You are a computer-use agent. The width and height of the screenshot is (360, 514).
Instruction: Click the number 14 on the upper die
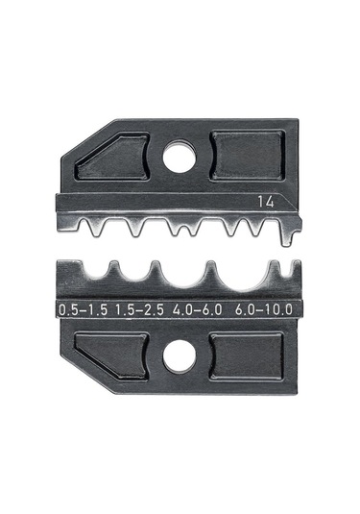(x=266, y=202)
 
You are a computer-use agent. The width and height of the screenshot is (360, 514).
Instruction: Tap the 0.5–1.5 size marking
(x=83, y=309)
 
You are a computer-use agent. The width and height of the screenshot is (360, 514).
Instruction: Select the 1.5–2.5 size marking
(x=139, y=309)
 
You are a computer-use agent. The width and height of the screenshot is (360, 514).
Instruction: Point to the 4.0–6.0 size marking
(x=197, y=309)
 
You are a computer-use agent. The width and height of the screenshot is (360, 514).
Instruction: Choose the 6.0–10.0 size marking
(x=264, y=309)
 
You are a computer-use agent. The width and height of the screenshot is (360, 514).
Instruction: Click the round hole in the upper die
(x=180, y=157)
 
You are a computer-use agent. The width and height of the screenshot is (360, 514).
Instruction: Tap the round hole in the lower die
(x=180, y=356)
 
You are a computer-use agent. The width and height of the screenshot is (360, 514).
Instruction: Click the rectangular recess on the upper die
(x=248, y=156)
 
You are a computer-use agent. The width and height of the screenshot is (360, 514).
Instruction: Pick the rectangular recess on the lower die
(x=247, y=357)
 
